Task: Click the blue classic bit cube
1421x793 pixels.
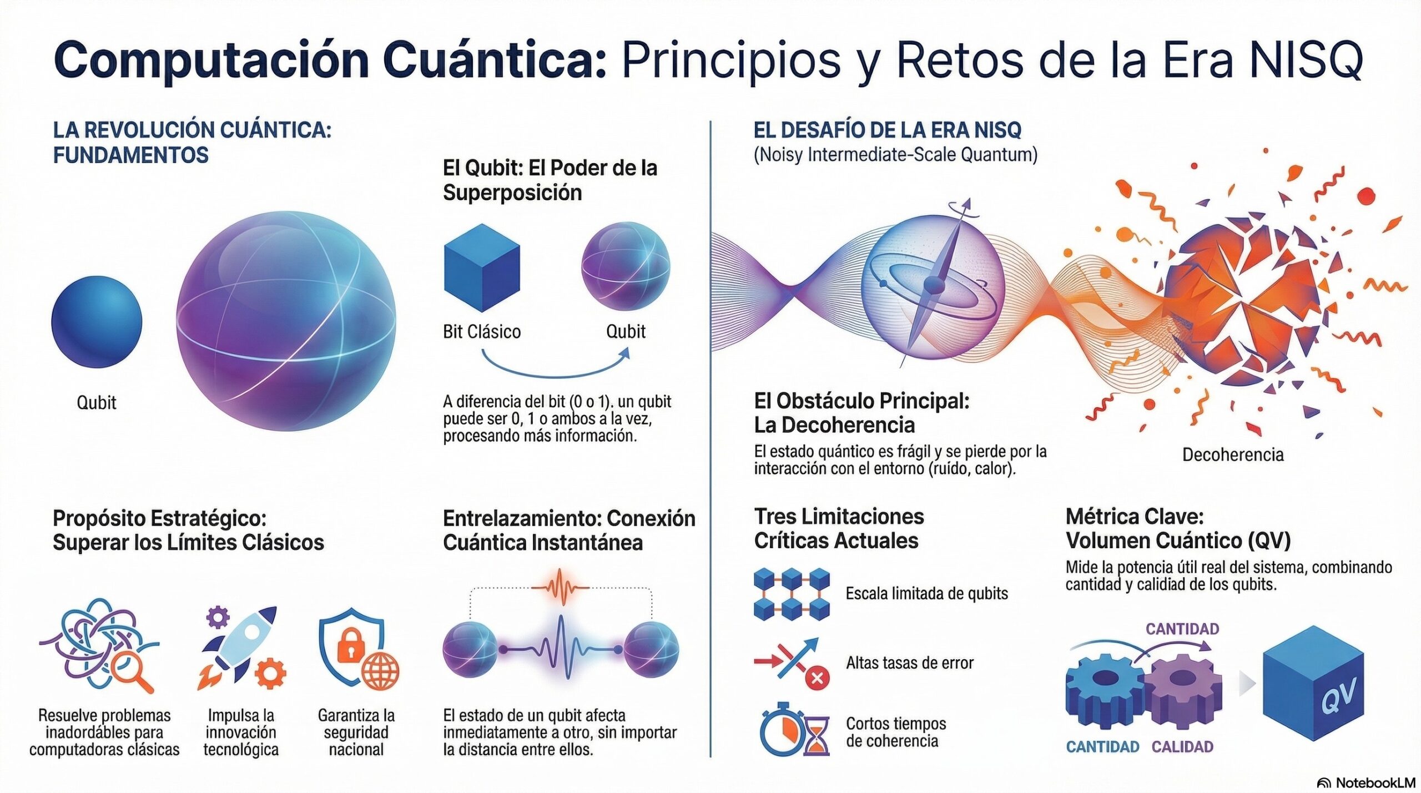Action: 482,267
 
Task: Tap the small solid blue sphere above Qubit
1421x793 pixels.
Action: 97,322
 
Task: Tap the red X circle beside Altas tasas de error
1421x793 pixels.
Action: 817,678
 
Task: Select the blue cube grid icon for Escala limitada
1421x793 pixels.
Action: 792,594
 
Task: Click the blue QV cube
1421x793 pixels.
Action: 1313,683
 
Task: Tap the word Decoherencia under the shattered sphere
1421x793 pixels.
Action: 1233,455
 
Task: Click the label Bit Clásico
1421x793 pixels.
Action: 482,332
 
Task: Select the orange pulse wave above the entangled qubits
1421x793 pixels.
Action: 560,587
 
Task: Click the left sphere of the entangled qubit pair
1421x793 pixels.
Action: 470,649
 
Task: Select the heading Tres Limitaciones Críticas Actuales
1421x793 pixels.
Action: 839,528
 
